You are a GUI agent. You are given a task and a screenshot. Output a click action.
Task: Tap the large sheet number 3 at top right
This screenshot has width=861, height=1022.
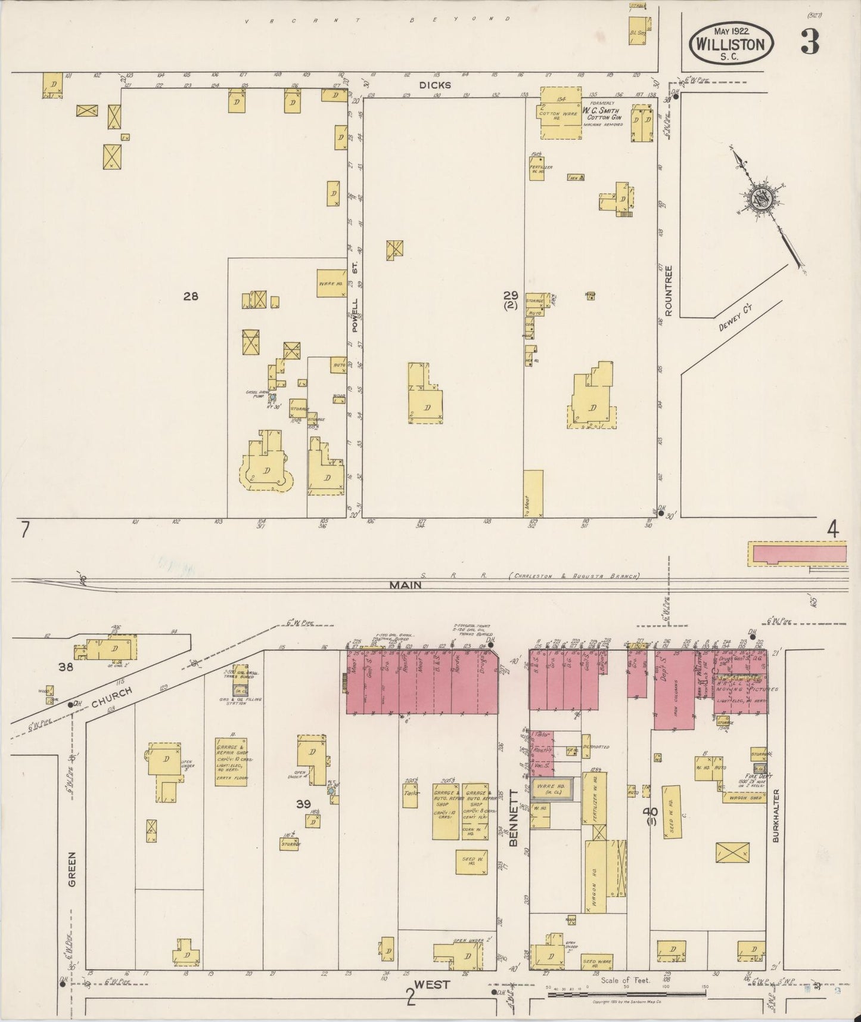pos(810,42)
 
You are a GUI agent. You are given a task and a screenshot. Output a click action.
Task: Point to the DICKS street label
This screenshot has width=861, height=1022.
pos(435,85)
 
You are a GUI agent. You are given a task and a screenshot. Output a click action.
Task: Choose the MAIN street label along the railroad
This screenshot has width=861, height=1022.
pos(406,585)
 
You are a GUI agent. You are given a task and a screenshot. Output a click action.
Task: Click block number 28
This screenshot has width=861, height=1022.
pos(191,296)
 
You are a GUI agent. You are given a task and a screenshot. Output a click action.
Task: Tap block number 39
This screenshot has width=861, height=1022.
pos(303,804)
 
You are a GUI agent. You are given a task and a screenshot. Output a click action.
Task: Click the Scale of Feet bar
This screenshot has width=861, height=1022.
pos(626,987)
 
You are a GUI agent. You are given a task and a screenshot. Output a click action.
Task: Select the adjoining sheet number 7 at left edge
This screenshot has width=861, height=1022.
pos(24,530)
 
